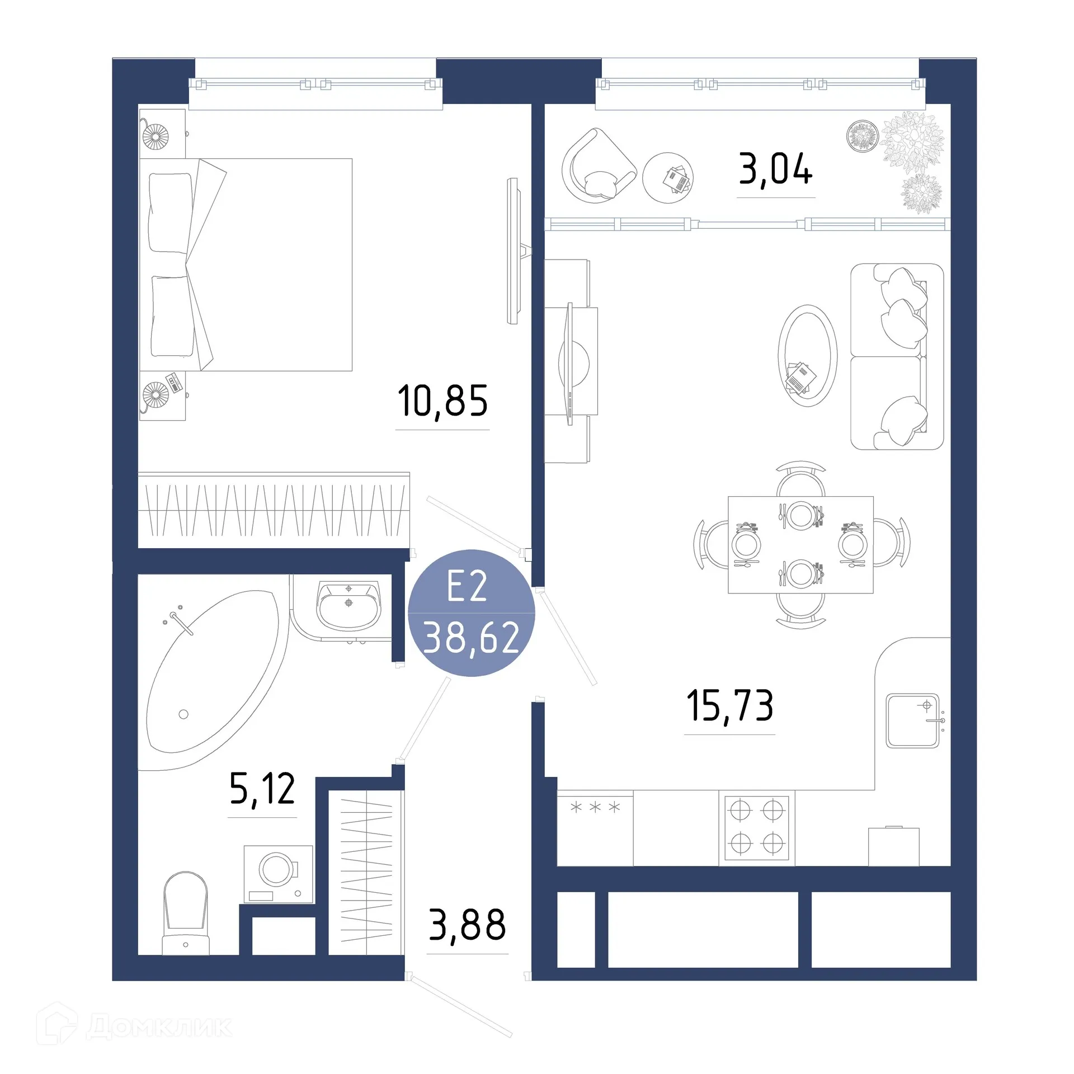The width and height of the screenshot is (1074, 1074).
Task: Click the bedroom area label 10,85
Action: (x=442, y=401)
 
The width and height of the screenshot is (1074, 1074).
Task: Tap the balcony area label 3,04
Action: (x=775, y=169)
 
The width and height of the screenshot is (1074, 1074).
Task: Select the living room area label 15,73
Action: (x=729, y=705)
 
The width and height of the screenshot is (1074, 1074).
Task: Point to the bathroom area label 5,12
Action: (x=262, y=789)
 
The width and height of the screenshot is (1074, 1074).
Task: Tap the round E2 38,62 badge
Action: (x=471, y=613)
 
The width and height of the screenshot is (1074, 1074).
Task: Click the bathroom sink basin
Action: (x=349, y=606)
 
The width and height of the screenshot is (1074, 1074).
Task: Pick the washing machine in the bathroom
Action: (x=278, y=874)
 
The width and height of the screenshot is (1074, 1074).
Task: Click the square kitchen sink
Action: (x=912, y=720)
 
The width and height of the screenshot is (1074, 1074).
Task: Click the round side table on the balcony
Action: (x=668, y=178)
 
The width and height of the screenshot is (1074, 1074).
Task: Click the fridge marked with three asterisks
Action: (x=595, y=828)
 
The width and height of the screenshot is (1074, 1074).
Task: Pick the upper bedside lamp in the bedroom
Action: (x=155, y=136)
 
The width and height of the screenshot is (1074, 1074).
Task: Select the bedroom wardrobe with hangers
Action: (x=274, y=510)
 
